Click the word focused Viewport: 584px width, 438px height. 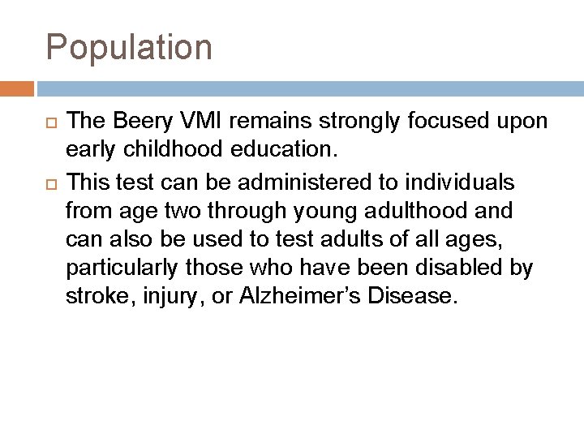click(459, 122)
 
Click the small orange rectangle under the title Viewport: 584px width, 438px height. click(17, 87)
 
